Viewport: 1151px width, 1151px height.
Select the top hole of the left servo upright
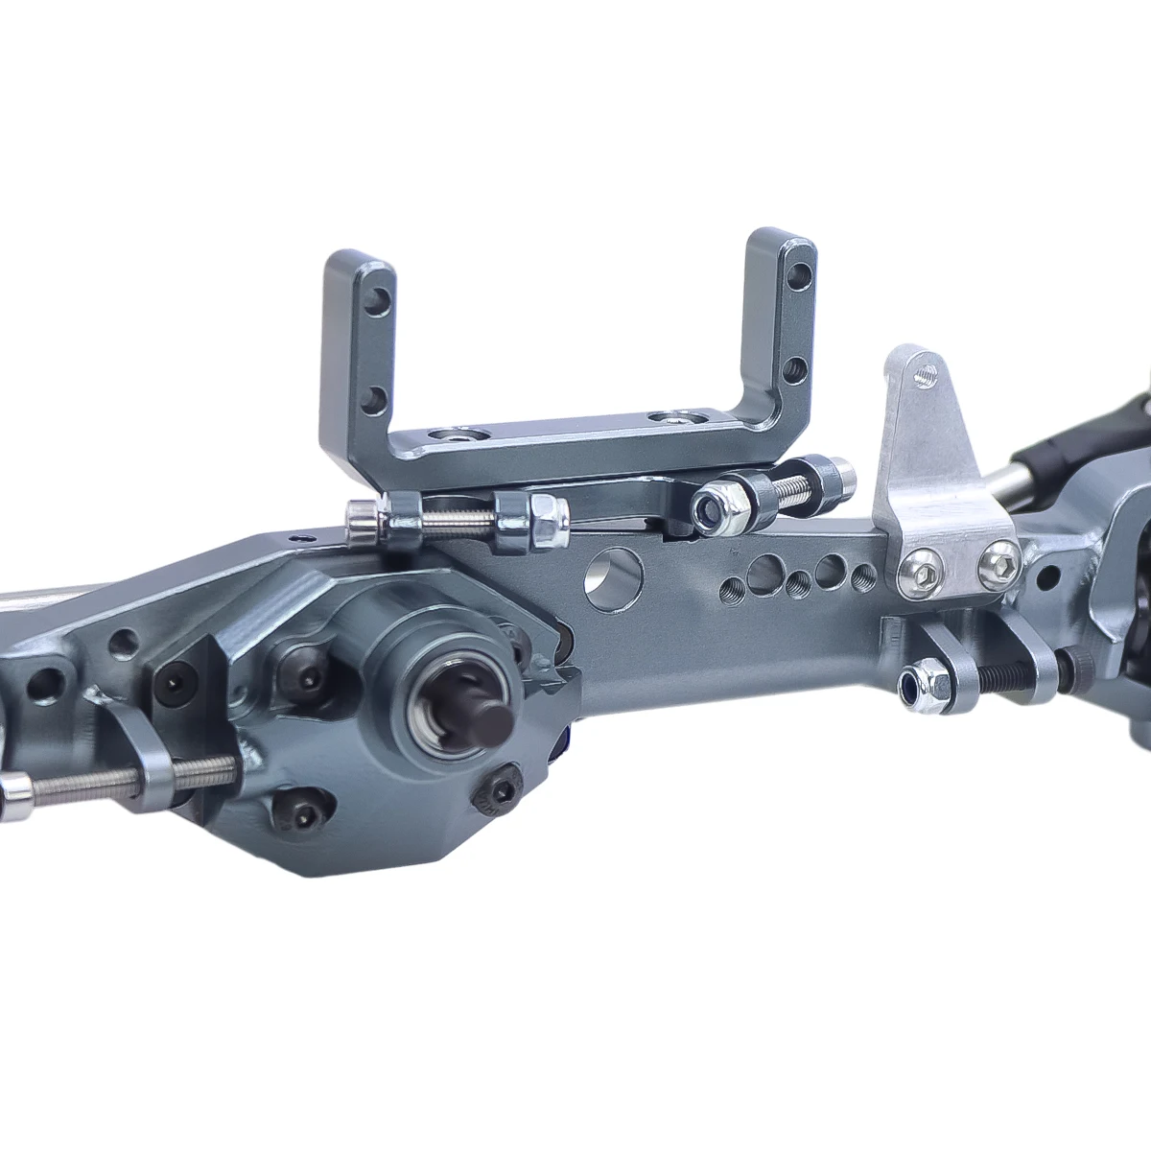(x=383, y=295)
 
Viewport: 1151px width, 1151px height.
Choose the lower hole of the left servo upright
(x=380, y=397)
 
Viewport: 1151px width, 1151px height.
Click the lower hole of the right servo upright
(x=793, y=366)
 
